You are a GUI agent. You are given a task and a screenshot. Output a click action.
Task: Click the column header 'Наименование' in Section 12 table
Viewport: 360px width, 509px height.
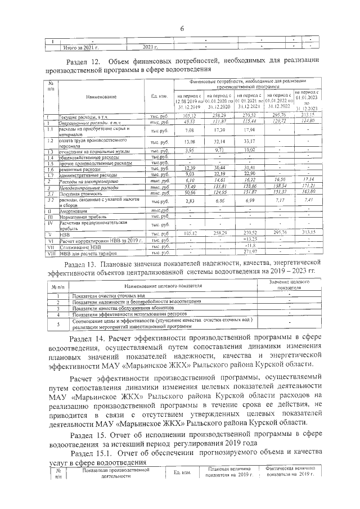(101, 97)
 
